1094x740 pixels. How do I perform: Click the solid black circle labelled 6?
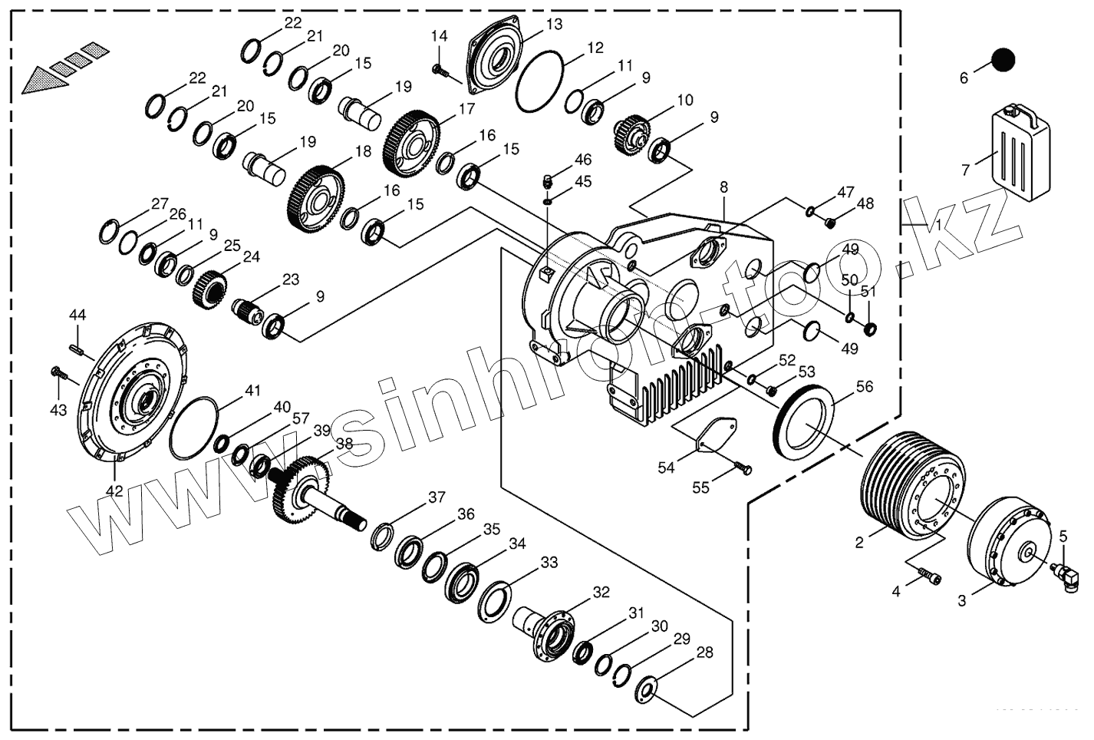[x=1002, y=60]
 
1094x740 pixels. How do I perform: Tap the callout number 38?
[x=344, y=443]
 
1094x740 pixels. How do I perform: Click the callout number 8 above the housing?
[x=723, y=187]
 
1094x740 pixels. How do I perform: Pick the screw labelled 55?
[x=743, y=467]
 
